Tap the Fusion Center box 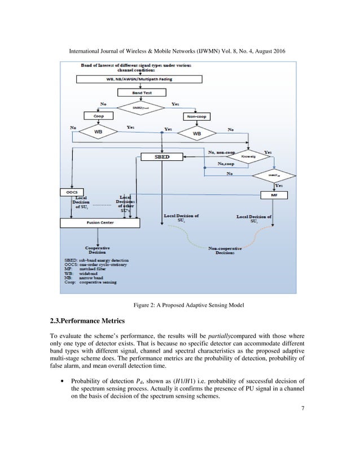click(x=99, y=223)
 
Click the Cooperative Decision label click(x=98, y=249)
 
